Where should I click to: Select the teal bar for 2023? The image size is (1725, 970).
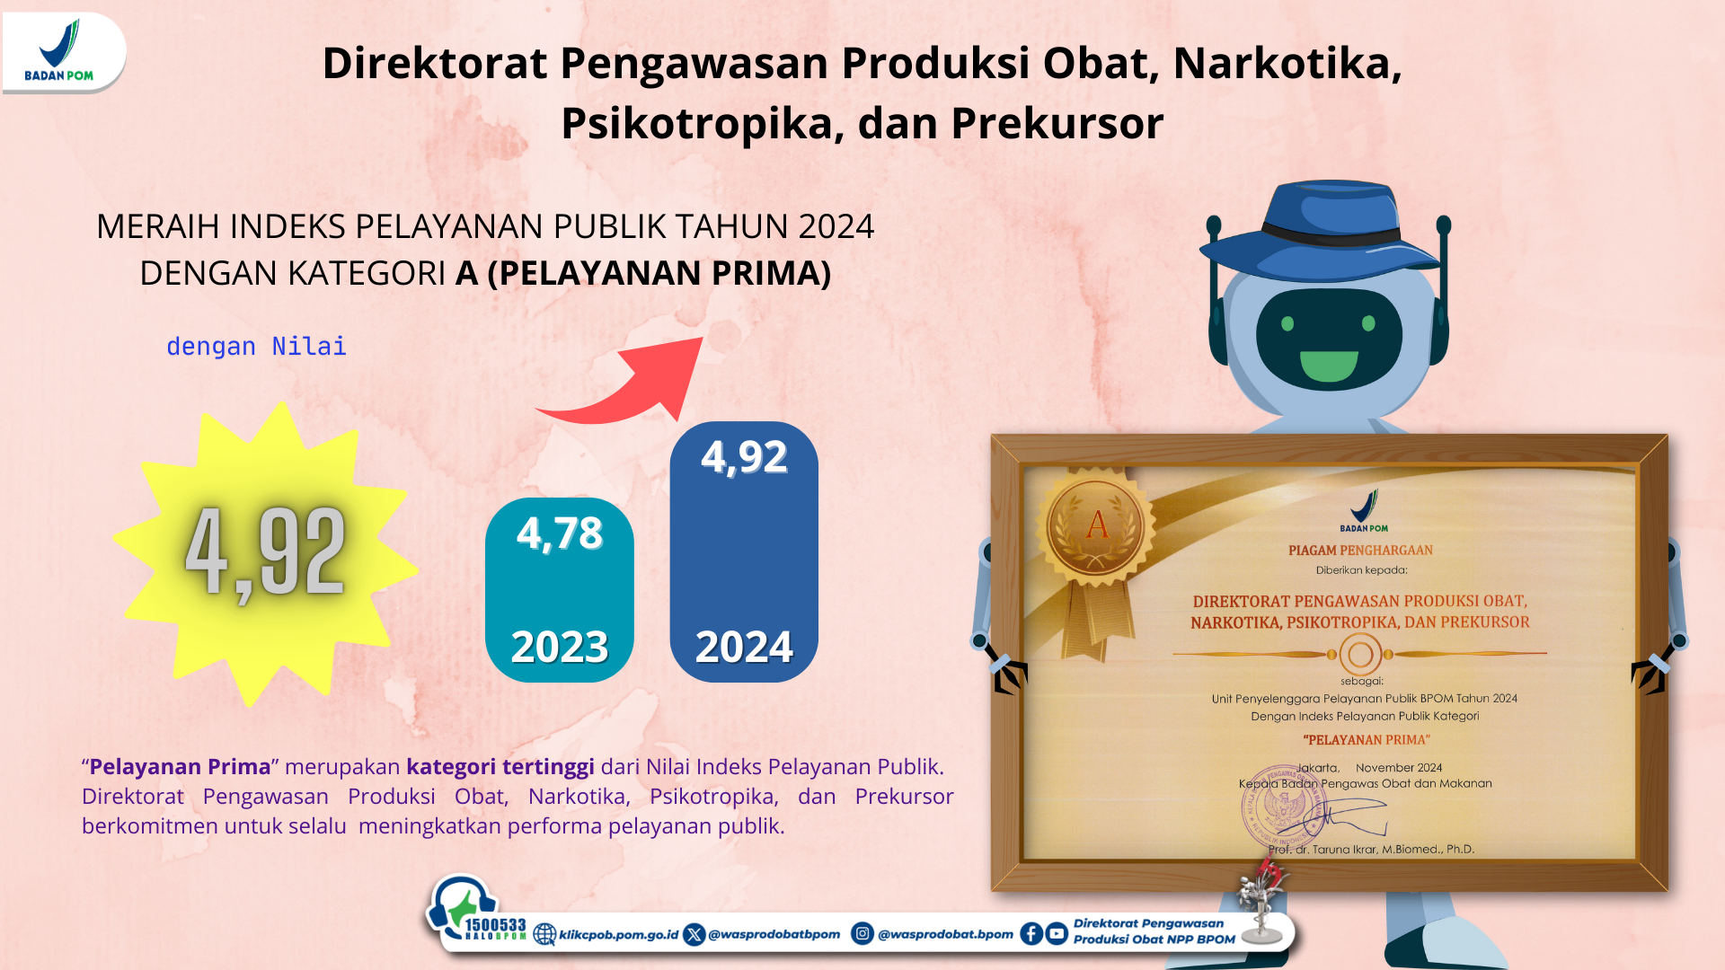click(560, 590)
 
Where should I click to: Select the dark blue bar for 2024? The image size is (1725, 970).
click(744, 551)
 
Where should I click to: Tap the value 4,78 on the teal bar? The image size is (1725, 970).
click(560, 533)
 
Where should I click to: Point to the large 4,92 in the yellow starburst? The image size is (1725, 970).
click(265, 552)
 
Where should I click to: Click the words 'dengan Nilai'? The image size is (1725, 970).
click(256, 347)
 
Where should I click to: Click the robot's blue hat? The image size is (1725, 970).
click(1321, 231)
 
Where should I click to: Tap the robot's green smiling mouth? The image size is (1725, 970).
click(1329, 366)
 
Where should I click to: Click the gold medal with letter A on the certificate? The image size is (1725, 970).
click(1096, 525)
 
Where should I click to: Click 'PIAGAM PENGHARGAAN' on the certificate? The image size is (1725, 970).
click(1360, 551)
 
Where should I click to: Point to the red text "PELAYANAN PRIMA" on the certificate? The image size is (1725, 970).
click(1367, 740)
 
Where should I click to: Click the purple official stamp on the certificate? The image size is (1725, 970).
click(1283, 806)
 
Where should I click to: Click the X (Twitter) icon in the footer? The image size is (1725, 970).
click(694, 935)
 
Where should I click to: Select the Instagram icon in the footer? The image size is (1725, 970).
click(862, 934)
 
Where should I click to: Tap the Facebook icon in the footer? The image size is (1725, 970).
click(1031, 934)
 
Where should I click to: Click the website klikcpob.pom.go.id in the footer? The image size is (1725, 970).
click(618, 935)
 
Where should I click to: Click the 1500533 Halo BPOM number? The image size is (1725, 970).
click(495, 926)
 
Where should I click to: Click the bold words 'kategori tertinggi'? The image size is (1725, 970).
click(500, 767)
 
